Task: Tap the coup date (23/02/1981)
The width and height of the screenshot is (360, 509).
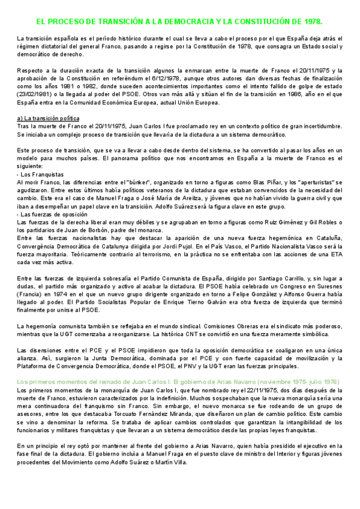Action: point(37,94)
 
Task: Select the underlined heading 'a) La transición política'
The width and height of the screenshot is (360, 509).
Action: point(53,118)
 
